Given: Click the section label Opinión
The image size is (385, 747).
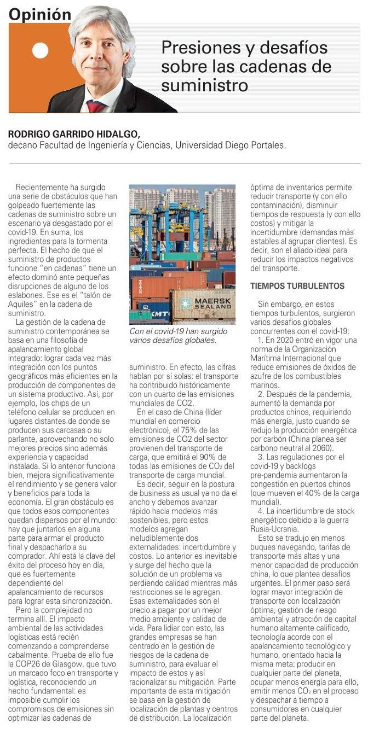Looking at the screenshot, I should tap(40, 14).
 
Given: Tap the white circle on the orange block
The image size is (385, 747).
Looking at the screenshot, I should tap(41, 50).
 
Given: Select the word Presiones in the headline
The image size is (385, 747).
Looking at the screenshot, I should tap(196, 49).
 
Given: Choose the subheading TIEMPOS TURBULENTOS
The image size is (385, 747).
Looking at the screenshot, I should tap(297, 286).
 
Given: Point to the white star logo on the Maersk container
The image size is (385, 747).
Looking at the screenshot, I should tap(185, 303).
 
